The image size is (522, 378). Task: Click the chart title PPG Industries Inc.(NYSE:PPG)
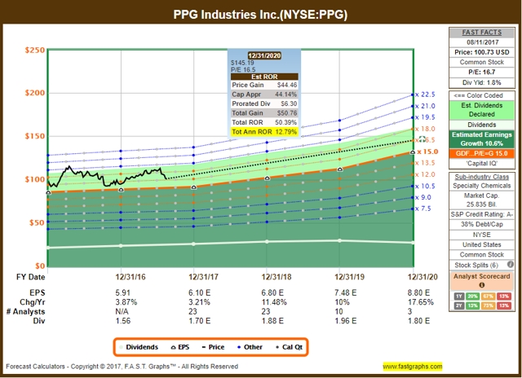260,14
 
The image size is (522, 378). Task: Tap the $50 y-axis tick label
35,222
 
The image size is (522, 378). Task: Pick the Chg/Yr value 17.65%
414,301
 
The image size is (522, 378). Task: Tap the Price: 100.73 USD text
484,51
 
